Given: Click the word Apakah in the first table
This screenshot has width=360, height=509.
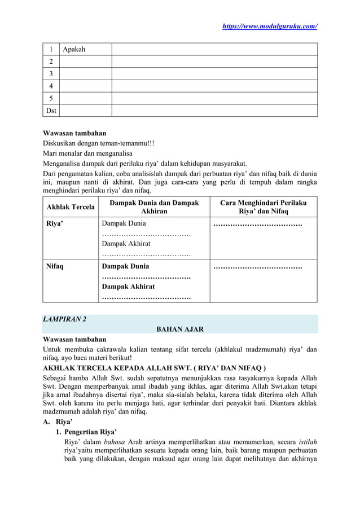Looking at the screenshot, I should (x=74, y=49).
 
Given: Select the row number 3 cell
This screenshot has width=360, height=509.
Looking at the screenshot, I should (x=51, y=74).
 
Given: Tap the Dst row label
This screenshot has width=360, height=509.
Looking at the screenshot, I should (x=51, y=111).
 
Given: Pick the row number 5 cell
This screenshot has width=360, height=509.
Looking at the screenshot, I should (x=51, y=98).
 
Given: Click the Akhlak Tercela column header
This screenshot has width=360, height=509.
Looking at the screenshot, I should (x=71, y=207).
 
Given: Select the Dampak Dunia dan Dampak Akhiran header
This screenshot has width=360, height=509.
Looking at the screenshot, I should (x=154, y=207).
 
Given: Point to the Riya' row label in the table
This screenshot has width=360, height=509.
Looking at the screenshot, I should (x=55, y=223).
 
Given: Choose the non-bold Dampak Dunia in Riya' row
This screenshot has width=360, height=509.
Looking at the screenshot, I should (x=123, y=223).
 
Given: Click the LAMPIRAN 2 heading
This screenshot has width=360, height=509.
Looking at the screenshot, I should (x=65, y=319).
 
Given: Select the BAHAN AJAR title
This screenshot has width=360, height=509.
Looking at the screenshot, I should (x=179, y=329).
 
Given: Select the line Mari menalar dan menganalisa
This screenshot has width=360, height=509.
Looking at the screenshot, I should (x=87, y=153).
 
